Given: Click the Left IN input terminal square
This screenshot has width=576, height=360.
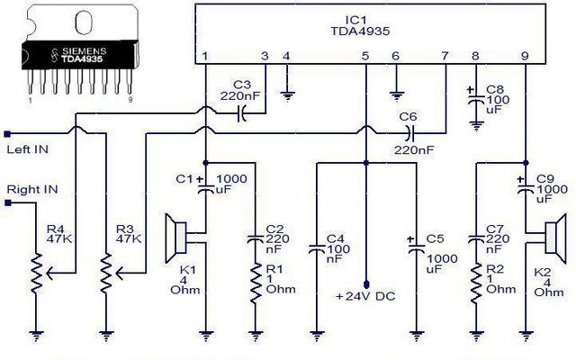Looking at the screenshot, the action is [7, 134].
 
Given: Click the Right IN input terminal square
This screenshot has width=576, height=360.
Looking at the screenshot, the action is [8, 202].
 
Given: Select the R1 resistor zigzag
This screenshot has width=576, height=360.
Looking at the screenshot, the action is [256, 283].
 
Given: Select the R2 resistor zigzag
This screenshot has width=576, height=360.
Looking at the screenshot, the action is [476, 283].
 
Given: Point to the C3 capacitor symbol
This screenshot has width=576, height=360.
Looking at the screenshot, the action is [242, 113].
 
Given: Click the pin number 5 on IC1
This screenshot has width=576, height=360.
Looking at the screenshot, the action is [364, 56].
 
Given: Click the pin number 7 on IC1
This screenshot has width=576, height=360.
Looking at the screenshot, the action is [445, 56].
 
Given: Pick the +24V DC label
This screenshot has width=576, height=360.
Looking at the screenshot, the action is [366, 296].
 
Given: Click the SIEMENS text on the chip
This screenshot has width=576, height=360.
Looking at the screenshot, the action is [84, 50].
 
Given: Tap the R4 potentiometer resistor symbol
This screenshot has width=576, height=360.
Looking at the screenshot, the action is [36, 273].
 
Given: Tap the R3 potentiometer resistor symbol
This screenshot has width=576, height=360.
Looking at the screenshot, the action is [106, 273].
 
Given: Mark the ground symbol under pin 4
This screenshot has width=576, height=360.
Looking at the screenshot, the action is [287, 96].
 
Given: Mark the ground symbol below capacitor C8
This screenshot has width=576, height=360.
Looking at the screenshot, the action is [476, 126].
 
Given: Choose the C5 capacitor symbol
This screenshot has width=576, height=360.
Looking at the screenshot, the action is [416, 246].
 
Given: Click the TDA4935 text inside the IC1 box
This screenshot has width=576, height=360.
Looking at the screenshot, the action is [360, 31].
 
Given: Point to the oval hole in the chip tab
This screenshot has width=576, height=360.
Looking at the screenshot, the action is [84, 22].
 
